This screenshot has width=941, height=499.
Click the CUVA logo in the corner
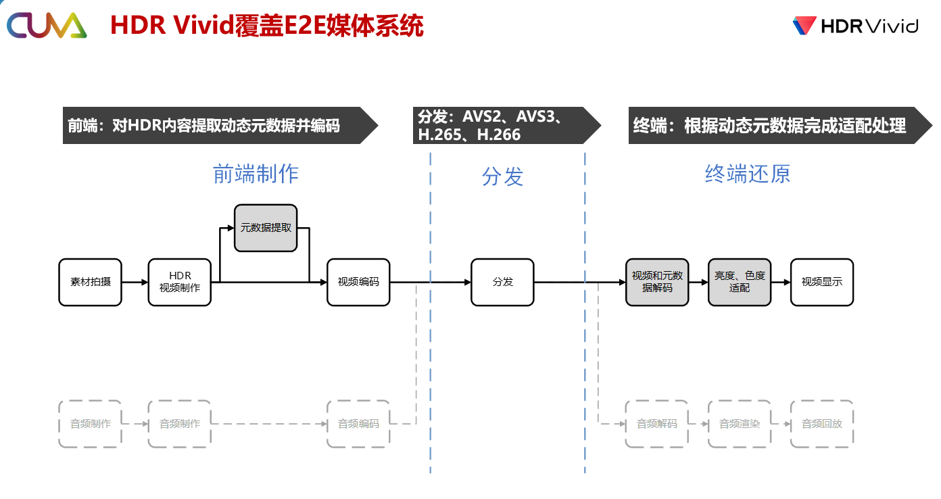tap(47, 25)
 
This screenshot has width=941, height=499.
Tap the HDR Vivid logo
tap(855, 26)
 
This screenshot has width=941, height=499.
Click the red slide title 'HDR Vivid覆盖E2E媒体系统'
tap(267, 26)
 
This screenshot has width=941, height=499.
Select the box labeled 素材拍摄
tap(91, 282)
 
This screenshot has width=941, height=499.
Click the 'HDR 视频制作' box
tap(180, 282)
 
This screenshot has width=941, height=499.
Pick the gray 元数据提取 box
tap(266, 228)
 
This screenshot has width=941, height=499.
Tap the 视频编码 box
tap(358, 282)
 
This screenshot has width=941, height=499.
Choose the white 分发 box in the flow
tap(502, 282)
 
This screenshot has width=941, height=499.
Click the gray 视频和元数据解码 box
tap(657, 282)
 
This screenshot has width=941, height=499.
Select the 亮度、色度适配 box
tap(740, 282)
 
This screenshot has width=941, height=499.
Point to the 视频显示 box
tap(822, 282)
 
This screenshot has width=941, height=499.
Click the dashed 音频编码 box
tap(358, 424)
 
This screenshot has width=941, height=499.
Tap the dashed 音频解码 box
tap(657, 424)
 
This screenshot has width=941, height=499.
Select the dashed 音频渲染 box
tap(740, 424)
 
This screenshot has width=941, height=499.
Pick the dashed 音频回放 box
tap(822, 424)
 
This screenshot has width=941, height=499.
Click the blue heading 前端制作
tap(256, 174)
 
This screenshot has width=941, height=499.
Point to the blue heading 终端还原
tap(748, 174)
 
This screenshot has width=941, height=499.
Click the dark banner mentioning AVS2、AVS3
tap(507, 125)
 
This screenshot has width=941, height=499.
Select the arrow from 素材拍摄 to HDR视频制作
tap(135, 282)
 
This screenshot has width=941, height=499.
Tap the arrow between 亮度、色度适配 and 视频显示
tap(781, 282)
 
